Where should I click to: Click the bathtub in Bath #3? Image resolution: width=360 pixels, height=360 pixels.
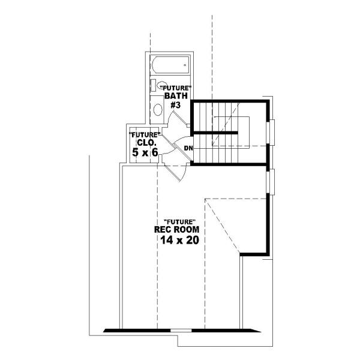point(170,64)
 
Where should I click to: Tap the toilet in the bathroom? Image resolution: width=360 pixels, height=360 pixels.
point(155,85)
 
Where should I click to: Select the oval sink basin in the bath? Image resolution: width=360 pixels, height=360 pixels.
point(157,109)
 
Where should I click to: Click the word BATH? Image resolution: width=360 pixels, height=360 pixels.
point(176,96)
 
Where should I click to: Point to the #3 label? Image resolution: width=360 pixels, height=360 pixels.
point(176,106)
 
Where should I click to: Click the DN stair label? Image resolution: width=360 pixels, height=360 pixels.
point(188,148)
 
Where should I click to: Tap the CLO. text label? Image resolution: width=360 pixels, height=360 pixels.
point(148,143)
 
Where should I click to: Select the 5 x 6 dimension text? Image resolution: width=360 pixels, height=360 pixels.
point(146,153)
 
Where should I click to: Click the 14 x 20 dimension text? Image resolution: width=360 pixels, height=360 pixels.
point(179,240)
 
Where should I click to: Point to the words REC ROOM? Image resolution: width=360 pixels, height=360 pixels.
point(177,230)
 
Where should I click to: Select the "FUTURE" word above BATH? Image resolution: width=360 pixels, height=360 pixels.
point(179,88)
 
